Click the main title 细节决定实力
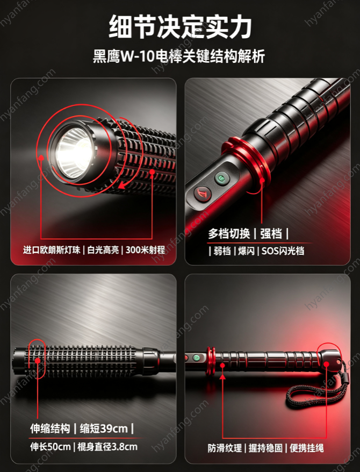[x=180, y=27]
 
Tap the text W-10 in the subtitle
[x=138, y=56]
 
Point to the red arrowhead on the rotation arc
[x=122, y=185]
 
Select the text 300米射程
[x=145, y=249]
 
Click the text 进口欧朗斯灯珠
[x=52, y=249]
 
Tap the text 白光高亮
[x=103, y=249]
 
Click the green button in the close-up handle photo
[x=222, y=178]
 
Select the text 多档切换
[x=229, y=234]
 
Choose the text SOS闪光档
[x=283, y=251]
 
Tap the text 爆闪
[x=246, y=251]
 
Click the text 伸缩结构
[x=50, y=428]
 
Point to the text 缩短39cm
[x=104, y=428]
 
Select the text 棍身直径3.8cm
[x=107, y=447]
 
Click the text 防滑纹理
[x=225, y=448]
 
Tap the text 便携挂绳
[x=306, y=448]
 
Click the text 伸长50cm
[x=50, y=447]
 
